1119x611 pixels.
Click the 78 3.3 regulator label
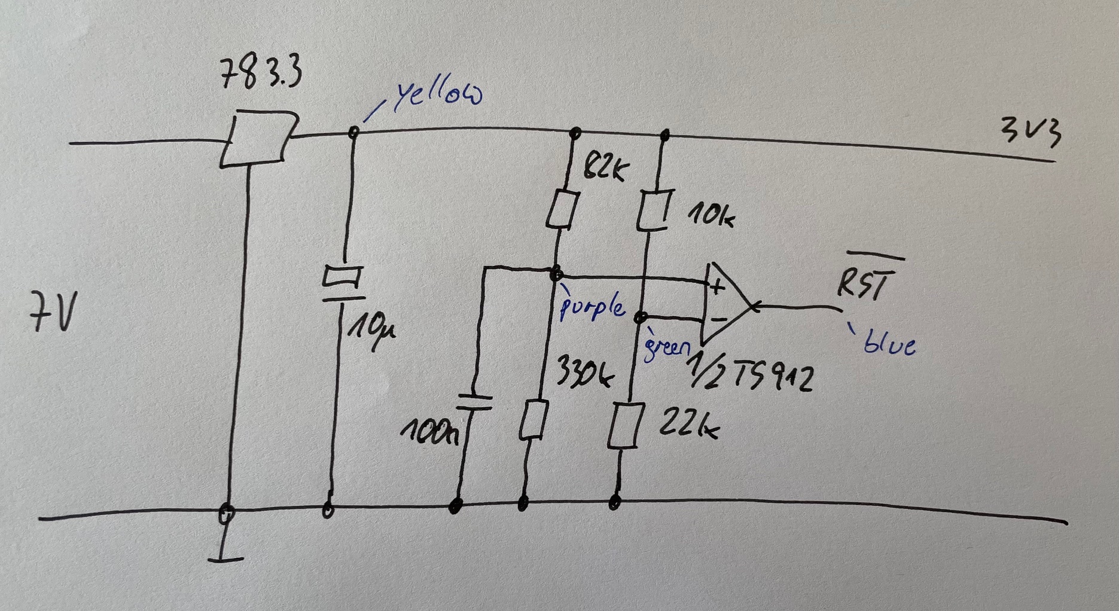click(x=261, y=74)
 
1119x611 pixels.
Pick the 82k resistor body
click(x=563, y=209)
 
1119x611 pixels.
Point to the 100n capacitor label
click(x=429, y=432)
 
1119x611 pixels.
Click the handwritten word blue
click(x=889, y=344)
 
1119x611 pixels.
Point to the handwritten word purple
click(x=592, y=307)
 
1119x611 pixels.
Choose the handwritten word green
click(x=665, y=348)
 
